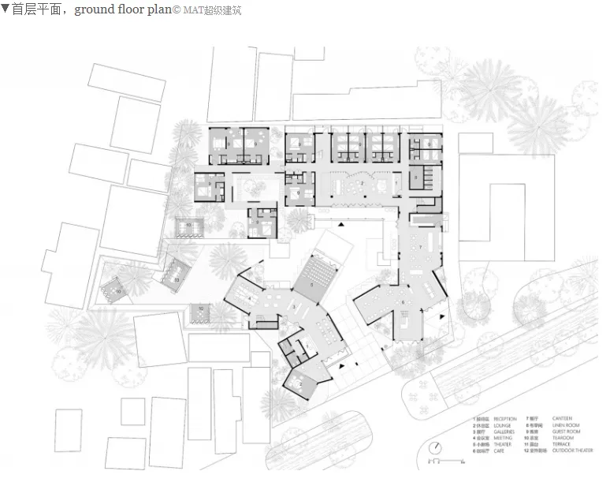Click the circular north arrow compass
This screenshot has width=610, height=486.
click(x=434, y=447)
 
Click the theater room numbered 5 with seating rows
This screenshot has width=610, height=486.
click(x=319, y=274)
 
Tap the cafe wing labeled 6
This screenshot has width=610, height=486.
click(x=402, y=304)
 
